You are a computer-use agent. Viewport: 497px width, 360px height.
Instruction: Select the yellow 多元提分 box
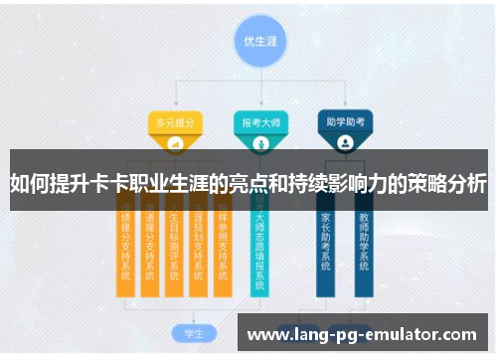pyautogui.click(x=175, y=122)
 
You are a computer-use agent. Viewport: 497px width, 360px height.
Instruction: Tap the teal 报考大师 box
pyautogui.click(x=260, y=122)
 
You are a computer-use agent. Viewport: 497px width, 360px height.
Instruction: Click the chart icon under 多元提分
pyautogui.click(x=175, y=143)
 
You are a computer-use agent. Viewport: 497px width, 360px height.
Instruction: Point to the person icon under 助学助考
pyautogui.click(x=345, y=143)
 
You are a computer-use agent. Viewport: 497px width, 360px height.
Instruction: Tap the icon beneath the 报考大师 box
pyautogui.click(x=260, y=143)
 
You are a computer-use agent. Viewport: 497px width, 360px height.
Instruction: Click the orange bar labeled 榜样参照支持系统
pyautogui.click(x=225, y=244)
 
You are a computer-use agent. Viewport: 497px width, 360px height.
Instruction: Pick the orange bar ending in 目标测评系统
pyautogui.click(x=174, y=244)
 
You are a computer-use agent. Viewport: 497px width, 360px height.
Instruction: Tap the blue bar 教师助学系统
pyautogui.click(x=364, y=244)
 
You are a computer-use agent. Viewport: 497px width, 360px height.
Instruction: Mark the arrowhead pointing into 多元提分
pyautogui.click(x=175, y=105)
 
